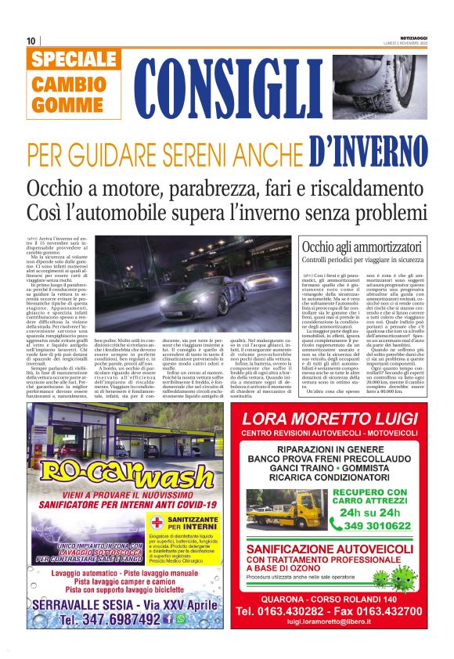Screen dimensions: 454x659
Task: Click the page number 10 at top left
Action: pos(31,41)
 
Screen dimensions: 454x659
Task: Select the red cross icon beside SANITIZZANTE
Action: pos(157,523)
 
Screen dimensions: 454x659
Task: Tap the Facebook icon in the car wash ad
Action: pos(168,618)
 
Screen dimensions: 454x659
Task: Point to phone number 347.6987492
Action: pos(110,619)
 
